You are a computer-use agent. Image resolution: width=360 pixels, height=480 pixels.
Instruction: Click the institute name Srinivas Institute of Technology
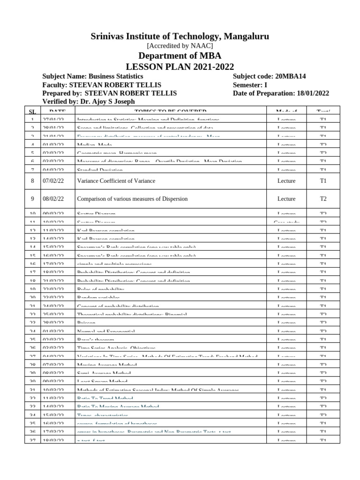(x=180, y=37)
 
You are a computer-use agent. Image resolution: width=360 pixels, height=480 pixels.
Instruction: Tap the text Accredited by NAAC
(x=180, y=46)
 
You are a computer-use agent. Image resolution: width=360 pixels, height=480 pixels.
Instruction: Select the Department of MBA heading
(x=180, y=56)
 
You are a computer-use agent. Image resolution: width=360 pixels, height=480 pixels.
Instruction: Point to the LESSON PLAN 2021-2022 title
(x=180, y=67)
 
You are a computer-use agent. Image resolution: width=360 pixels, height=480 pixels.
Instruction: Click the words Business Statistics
(x=116, y=76)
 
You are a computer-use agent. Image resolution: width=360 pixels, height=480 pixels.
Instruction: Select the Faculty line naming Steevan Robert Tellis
(x=102, y=85)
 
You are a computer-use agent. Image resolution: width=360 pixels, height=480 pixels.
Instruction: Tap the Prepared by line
(x=109, y=93)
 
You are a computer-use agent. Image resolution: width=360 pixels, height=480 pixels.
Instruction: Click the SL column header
(x=32, y=112)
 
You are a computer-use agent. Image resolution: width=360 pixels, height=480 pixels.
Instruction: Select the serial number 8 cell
(x=32, y=181)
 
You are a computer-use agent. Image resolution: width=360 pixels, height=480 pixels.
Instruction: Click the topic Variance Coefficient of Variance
(x=116, y=181)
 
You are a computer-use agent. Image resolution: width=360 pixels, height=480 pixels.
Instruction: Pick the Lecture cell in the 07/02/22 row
(x=286, y=181)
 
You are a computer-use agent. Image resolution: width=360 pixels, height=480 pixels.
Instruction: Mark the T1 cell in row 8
(x=323, y=181)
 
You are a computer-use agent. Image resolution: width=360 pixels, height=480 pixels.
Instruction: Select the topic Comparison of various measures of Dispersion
(x=132, y=199)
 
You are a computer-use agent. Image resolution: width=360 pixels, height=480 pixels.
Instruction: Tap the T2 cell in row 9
(x=323, y=199)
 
